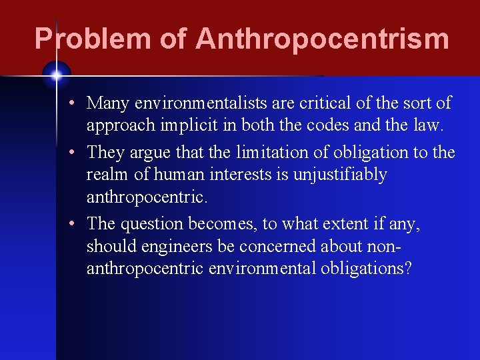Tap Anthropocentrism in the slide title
point(323,39)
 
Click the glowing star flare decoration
point(57,75)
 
